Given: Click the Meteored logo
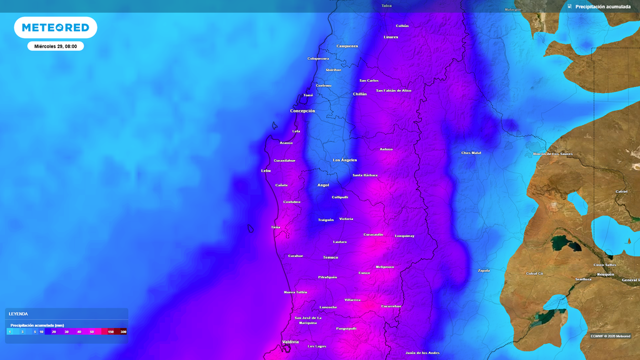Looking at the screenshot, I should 56,27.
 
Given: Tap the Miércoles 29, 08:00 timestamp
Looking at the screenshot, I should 56,46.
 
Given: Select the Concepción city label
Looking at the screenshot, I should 302,111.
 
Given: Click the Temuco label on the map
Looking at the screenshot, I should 331,257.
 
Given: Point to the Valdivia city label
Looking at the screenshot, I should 291,342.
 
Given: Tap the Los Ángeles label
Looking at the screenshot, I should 345,160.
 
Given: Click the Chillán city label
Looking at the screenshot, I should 360,94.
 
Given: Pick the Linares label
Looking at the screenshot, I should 391,37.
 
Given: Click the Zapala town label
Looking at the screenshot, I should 484,271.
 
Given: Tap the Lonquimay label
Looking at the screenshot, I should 404,236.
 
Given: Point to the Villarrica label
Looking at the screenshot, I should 352,300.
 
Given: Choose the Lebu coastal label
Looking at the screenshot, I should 266,170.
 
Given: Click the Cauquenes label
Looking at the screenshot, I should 347,46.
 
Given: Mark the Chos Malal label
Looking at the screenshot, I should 471,152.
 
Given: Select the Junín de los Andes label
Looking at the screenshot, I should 422,352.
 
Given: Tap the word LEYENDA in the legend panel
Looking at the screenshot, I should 19,314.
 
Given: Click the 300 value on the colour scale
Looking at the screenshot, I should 123,332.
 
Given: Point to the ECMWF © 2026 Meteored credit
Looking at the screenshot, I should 611,336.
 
